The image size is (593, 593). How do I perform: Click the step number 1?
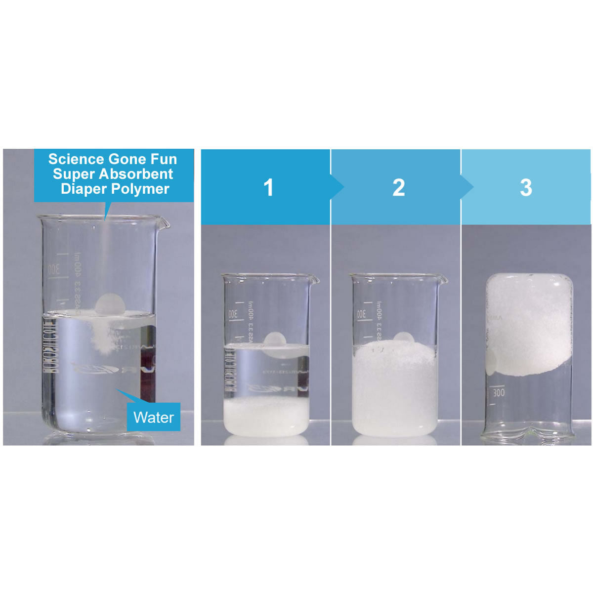tap(268, 188)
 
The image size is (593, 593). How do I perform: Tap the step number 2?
tap(399, 188)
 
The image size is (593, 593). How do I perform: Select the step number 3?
tap(526, 188)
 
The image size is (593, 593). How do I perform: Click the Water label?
tap(153, 417)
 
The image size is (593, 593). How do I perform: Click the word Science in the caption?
tap(76, 159)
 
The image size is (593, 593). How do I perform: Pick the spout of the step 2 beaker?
tap(443, 280)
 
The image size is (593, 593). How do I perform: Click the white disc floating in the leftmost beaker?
tap(109, 304)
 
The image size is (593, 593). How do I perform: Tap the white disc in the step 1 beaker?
tap(275, 341)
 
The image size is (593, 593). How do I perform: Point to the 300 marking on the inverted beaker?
tap(499, 393)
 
